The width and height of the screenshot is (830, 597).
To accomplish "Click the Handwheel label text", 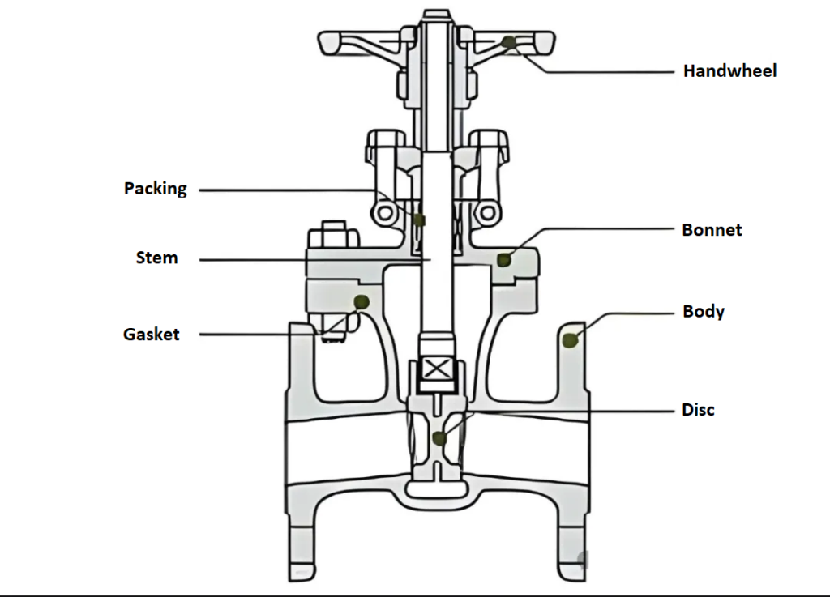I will coord(729,71).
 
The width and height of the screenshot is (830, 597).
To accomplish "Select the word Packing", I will coord(156,189).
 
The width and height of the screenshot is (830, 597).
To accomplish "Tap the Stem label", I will coord(156,258).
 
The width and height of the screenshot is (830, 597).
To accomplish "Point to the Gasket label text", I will coord(152,334).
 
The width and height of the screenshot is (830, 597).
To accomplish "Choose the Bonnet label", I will coord(712,230).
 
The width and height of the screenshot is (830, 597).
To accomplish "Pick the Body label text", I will coord(704,312).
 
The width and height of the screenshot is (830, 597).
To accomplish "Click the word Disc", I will coord(698,410).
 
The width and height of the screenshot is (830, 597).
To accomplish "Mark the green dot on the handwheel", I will coord(508,42).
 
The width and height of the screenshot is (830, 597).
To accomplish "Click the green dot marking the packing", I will coord(419,220).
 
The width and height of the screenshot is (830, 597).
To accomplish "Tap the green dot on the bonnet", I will coord(503,259).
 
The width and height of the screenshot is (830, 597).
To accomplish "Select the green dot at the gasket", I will coord(362,301).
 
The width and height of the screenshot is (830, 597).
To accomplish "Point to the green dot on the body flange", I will coord(571,340).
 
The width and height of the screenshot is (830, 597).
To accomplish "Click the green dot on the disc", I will coord(439,438).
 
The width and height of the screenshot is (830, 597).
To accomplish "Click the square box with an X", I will coord(438,369).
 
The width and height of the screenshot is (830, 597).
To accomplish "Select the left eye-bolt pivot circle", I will coord(384,214).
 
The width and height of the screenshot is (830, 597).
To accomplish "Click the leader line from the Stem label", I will coord(308,260).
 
